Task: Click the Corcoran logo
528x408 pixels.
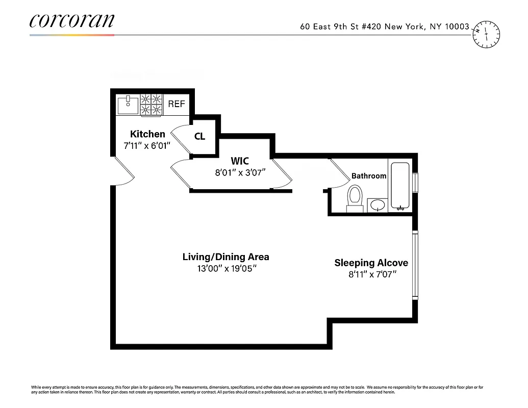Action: (71, 21)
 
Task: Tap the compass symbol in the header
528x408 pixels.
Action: (487, 35)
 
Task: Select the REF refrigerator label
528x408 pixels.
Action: (177, 104)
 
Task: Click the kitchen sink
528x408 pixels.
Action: (128, 105)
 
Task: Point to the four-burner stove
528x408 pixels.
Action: (152, 105)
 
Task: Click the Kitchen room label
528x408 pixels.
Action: (147, 134)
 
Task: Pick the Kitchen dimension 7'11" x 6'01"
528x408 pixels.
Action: (147, 145)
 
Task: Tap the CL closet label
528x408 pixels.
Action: (199, 137)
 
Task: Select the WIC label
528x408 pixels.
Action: (239, 161)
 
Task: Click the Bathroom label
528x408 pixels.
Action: (368, 176)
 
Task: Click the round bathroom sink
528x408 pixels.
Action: (378, 205)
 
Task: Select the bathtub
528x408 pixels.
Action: (400, 186)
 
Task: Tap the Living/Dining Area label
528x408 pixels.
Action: (225, 257)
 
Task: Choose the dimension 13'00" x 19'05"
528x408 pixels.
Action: (225, 268)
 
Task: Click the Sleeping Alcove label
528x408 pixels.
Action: (371, 263)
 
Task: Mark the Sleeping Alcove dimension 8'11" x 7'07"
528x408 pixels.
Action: (371, 274)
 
